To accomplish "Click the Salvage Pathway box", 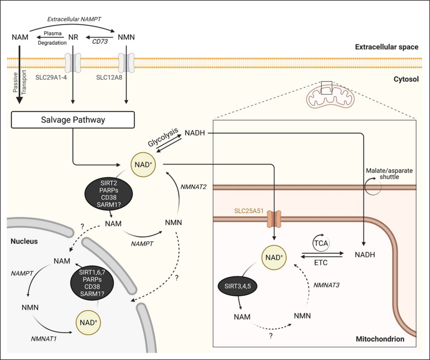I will (x=73, y=120).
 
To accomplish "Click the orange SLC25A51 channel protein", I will (x=274, y=219).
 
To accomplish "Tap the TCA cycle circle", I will (x=321, y=243).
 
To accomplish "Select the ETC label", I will (x=321, y=263).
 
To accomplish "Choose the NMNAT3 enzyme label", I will (x=326, y=285).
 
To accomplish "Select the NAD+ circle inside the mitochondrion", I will (x=274, y=257).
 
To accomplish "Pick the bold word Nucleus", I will (x=24, y=241).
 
